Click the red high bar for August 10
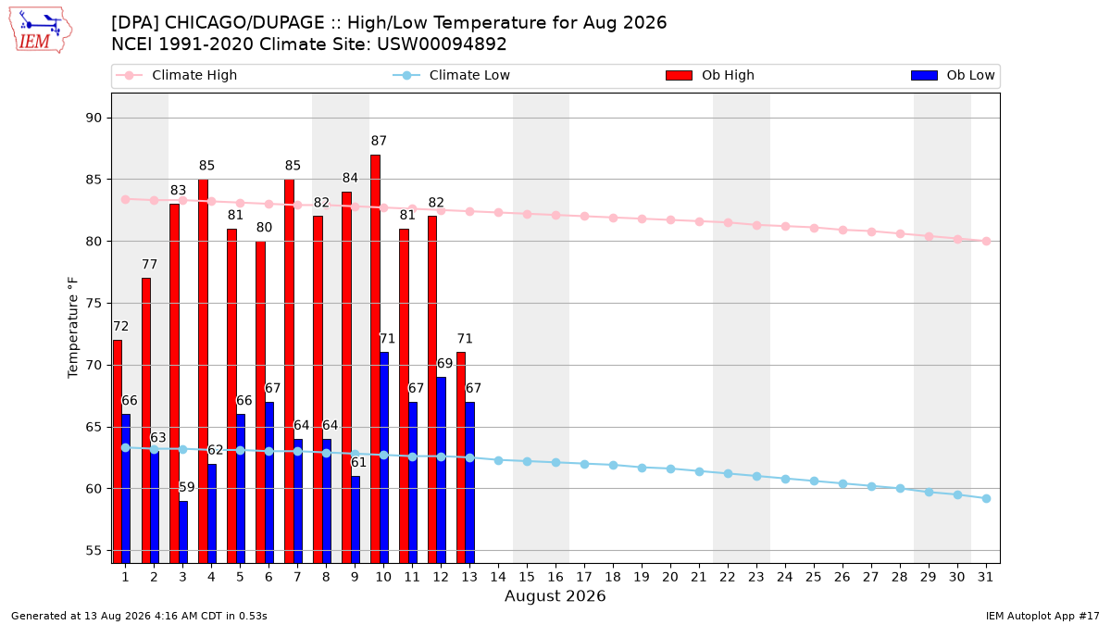[376, 359]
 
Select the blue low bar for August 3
[183, 532]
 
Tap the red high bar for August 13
[461, 457]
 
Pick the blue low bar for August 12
[441, 470]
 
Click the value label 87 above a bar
[379, 141]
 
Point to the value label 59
[187, 487]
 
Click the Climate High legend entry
[177, 75]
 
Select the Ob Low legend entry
[953, 75]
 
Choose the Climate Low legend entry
[452, 75]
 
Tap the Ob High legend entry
[710, 75]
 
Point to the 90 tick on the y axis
[94, 119]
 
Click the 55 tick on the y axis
[94, 551]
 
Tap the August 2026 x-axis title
[555, 595]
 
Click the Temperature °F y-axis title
[73, 328]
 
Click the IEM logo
[40, 31]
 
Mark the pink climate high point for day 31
[987, 241]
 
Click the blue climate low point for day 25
[814, 481]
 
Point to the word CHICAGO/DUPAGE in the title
[244, 23]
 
